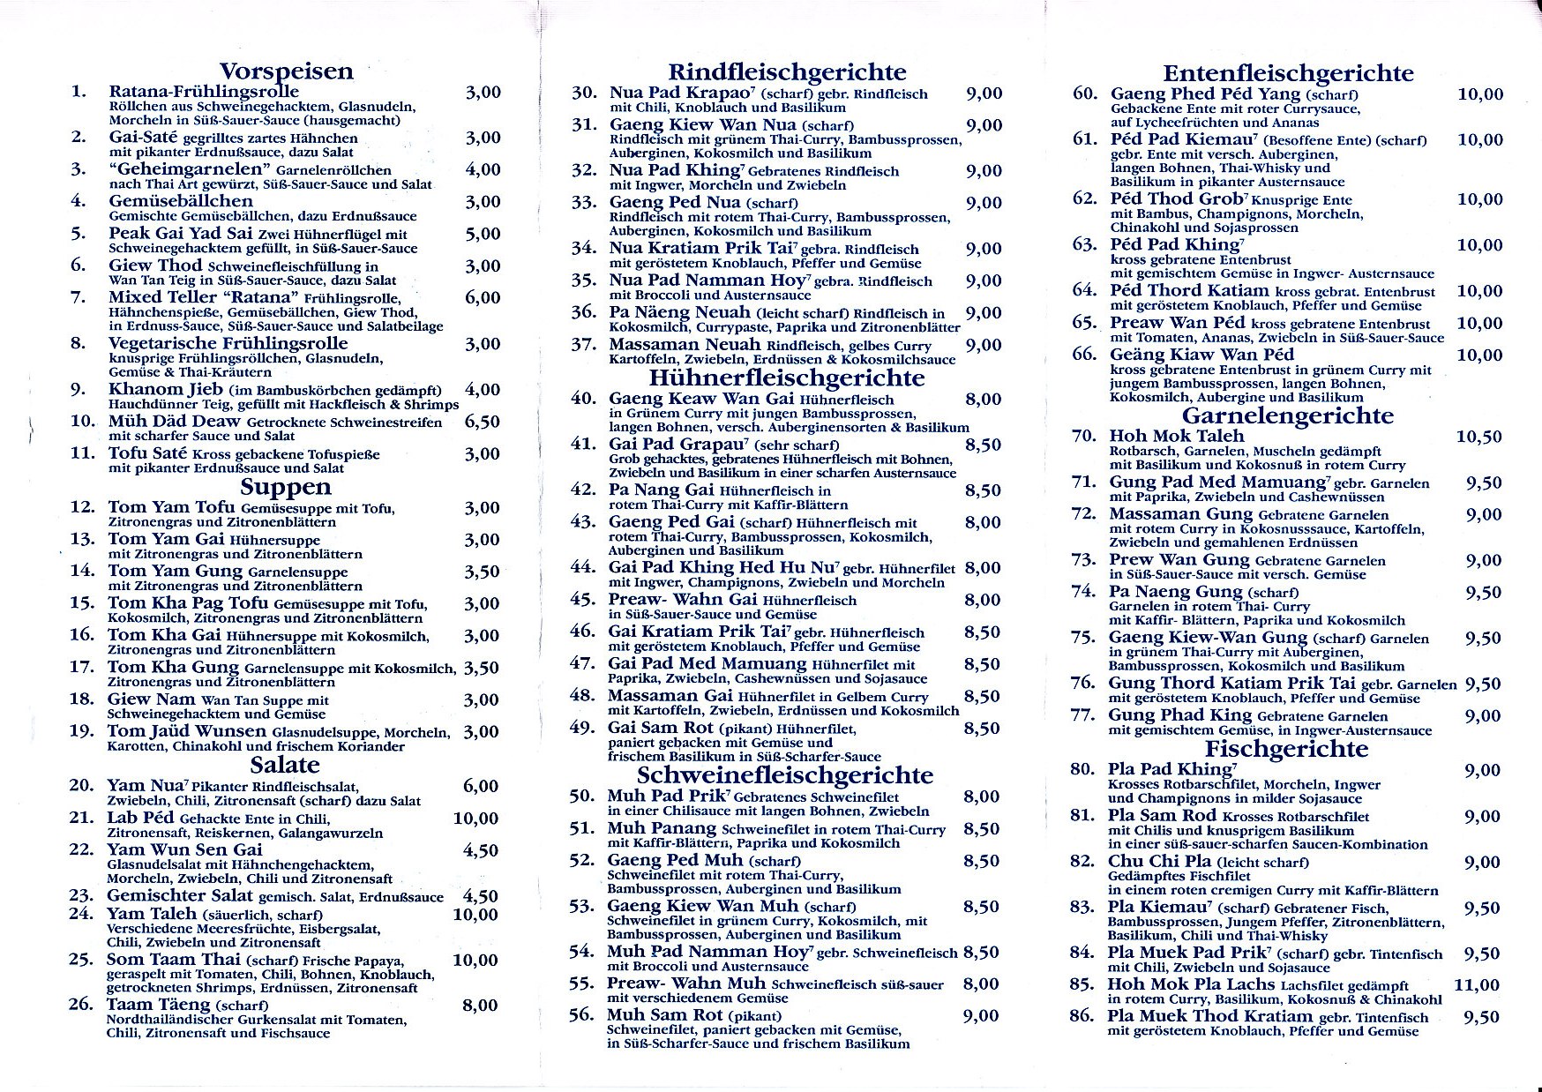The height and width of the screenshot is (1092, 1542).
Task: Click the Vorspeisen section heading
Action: pos(286,71)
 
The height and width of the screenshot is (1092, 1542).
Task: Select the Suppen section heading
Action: pos(286,487)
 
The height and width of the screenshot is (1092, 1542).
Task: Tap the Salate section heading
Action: pos(284,765)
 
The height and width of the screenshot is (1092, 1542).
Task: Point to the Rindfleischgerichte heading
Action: pos(787,72)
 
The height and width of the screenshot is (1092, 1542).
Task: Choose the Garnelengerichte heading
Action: pos(1287,415)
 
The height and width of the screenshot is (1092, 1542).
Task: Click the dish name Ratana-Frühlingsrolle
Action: pos(204,92)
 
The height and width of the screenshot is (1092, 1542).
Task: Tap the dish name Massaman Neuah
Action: pos(685,345)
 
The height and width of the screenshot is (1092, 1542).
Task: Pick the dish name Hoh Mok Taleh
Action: pos(1176,436)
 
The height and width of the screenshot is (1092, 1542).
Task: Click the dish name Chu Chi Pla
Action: pos(1160,862)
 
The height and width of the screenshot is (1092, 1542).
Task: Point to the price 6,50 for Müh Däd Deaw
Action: pos(483,422)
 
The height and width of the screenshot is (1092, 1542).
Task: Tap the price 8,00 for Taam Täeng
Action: pos(480,1005)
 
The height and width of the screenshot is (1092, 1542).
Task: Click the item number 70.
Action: pos(1084,436)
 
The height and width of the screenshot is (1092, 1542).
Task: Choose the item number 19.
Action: pos(82,731)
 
